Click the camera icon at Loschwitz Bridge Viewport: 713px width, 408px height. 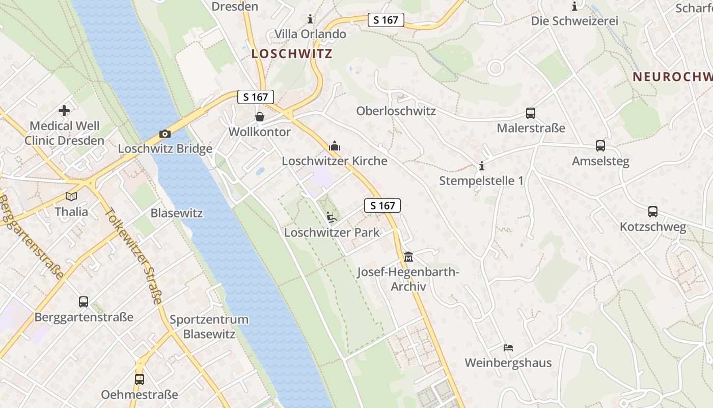pos(164,134)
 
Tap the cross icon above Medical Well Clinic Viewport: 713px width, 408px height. pos(64,110)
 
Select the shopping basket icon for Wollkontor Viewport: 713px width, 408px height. pos(260,117)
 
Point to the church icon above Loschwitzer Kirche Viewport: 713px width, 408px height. pos(335,146)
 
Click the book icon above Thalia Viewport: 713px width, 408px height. pos(71,196)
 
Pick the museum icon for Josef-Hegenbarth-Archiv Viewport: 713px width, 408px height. pos(408,257)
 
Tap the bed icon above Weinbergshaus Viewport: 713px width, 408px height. pos(508,348)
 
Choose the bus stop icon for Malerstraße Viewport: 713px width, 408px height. pos(531,113)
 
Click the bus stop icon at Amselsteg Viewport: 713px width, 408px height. pos(600,146)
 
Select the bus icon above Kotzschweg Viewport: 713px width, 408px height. pos(653,212)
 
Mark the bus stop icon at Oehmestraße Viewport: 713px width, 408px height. pos(140,379)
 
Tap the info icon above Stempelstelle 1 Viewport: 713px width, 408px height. pos(481,166)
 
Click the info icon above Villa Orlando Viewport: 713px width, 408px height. pos(310,19)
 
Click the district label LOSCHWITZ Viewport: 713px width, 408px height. pos(292,54)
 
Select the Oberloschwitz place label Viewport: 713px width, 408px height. pos(396,111)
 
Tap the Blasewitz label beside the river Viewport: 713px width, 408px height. pos(177,213)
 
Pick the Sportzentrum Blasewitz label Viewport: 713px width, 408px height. pos(209,327)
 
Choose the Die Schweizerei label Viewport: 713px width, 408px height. pos(574,21)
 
